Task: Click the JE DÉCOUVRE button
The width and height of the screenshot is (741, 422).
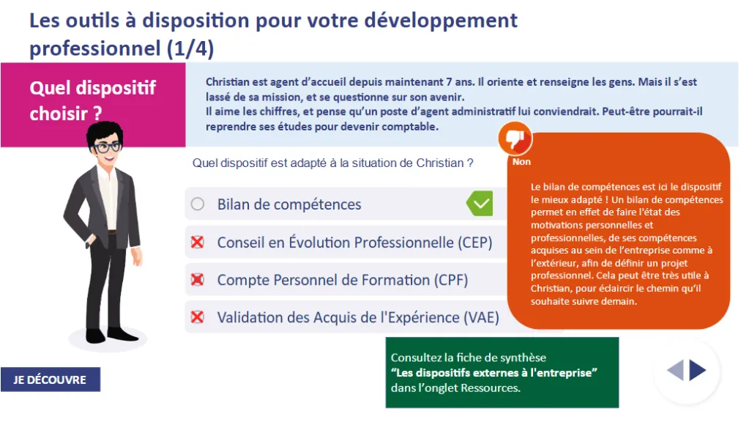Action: [51, 380]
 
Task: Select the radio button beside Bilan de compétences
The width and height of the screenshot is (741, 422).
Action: [198, 204]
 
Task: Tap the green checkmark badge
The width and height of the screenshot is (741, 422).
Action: [480, 204]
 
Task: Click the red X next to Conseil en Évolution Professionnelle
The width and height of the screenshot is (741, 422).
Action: [197, 243]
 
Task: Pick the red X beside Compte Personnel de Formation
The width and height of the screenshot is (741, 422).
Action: [197, 280]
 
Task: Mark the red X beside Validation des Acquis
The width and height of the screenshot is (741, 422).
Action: [197, 317]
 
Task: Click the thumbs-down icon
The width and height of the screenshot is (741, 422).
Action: [515, 138]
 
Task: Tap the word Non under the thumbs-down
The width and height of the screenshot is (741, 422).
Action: [521, 162]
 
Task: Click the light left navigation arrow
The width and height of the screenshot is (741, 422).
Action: [675, 370]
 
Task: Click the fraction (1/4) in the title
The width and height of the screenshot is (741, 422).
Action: [190, 48]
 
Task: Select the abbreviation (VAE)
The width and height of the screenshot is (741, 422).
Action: [481, 317]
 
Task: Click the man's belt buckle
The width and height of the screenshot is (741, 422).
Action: [112, 232]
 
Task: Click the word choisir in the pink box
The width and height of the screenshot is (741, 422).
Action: [59, 114]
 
